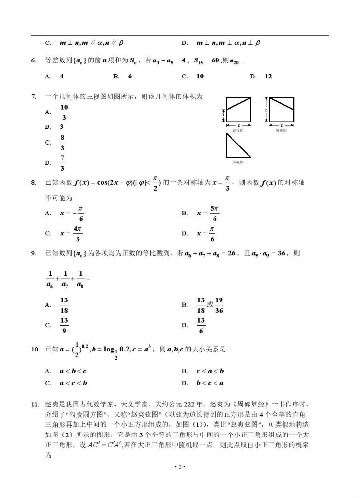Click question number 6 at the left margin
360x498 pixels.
point(34,61)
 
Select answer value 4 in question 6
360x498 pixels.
point(62,76)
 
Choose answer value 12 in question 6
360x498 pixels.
point(268,76)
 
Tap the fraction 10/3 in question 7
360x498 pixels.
point(64,112)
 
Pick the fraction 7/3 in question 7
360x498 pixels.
point(62,163)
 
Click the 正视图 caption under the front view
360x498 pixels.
point(238,131)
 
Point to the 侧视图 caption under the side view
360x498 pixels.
point(281,131)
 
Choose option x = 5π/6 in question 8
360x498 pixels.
point(208,213)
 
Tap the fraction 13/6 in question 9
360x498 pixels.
point(201,325)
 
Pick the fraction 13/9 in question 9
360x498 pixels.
point(64,325)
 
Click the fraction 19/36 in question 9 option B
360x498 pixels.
point(219,305)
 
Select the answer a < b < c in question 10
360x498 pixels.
point(73,371)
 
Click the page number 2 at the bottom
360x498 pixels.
point(180,467)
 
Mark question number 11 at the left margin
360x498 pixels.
point(36,404)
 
